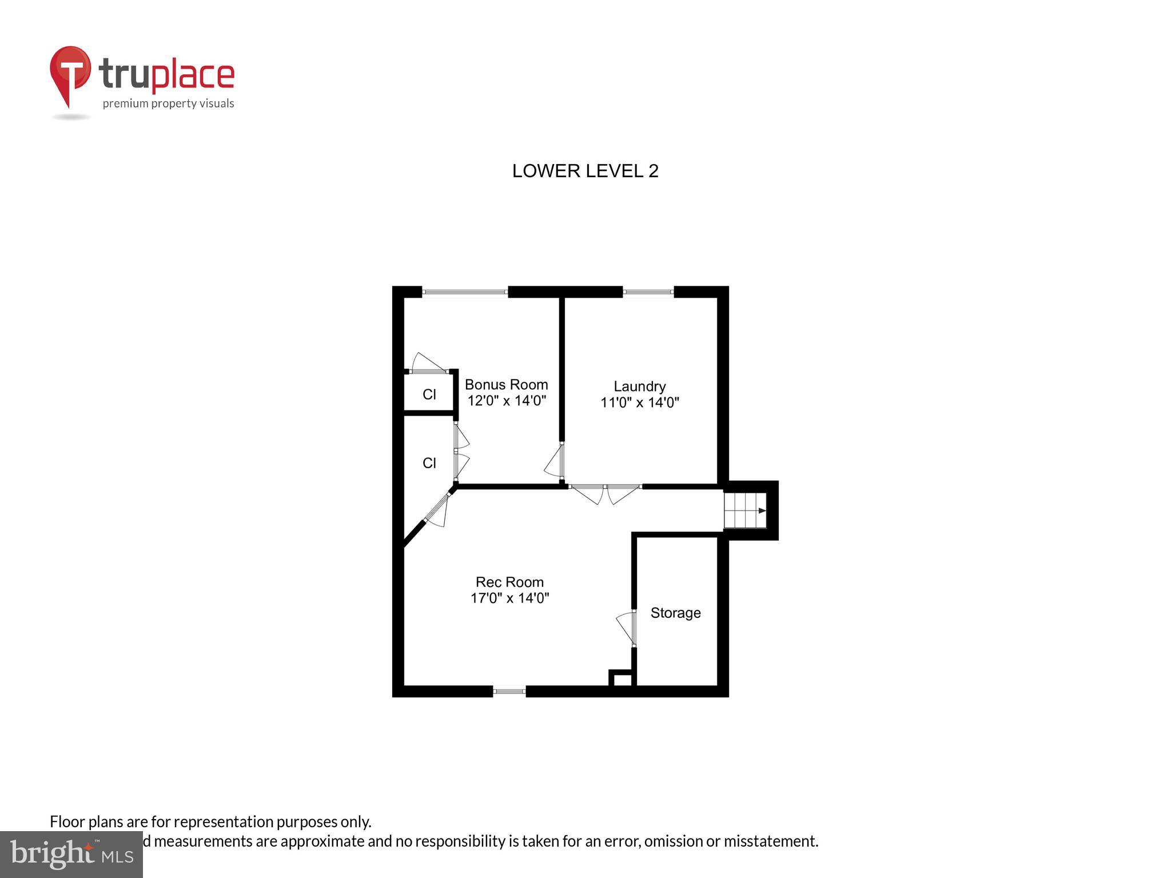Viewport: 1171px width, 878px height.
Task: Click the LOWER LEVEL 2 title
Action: pyautogui.click(x=585, y=171)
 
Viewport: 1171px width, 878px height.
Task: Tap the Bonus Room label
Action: pyautogui.click(x=506, y=385)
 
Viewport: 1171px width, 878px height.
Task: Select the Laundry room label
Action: pyautogui.click(x=639, y=386)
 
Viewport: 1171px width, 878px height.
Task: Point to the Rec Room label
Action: pyautogui.click(x=509, y=582)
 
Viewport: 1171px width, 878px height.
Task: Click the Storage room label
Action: pyautogui.click(x=675, y=613)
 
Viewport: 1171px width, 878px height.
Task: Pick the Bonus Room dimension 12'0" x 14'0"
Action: pyautogui.click(x=507, y=401)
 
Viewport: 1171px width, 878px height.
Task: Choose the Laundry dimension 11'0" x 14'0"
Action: pyautogui.click(x=639, y=402)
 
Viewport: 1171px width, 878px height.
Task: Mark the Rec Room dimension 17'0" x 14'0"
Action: pyautogui.click(x=509, y=598)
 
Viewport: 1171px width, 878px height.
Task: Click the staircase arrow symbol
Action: pyautogui.click(x=762, y=510)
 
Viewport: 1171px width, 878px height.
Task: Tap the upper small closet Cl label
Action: pyautogui.click(x=429, y=394)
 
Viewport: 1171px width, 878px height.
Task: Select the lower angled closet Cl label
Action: pyautogui.click(x=429, y=463)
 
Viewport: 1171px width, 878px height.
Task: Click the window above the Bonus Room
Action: pyautogui.click(x=465, y=292)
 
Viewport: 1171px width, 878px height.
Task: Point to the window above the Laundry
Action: pyautogui.click(x=648, y=292)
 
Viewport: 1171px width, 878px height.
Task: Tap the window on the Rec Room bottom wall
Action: pyautogui.click(x=509, y=691)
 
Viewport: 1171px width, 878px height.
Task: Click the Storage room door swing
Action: pyautogui.click(x=627, y=627)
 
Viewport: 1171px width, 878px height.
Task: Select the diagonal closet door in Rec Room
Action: pyautogui.click(x=437, y=510)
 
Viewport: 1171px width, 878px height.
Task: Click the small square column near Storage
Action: pyautogui.click(x=622, y=680)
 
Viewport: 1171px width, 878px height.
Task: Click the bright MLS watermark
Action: pyautogui.click(x=71, y=854)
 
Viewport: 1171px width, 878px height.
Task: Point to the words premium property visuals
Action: pyautogui.click(x=168, y=103)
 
